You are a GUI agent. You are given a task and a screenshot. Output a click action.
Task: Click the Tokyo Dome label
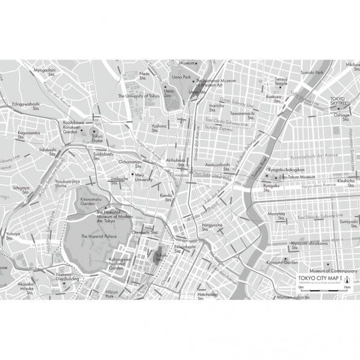(97, 138)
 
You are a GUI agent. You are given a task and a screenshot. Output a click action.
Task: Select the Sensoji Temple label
(281, 82)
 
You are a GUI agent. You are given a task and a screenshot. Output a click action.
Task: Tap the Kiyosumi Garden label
(282, 262)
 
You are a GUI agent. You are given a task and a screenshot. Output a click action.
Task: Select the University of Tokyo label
(139, 96)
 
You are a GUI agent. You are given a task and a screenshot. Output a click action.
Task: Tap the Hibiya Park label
(111, 295)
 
